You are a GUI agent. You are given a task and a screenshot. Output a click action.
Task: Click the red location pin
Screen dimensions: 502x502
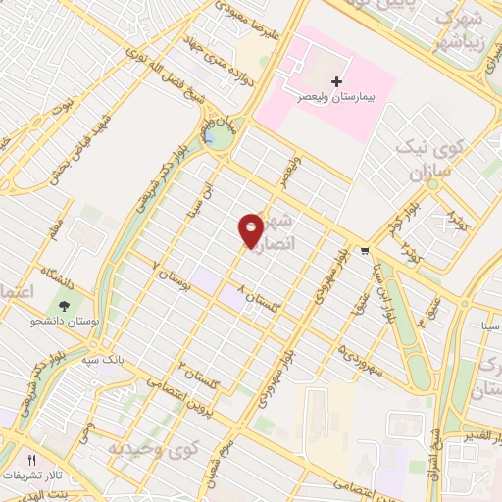(x=251, y=229)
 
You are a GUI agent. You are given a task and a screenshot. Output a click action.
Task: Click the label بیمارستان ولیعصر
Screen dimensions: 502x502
(x=337, y=99)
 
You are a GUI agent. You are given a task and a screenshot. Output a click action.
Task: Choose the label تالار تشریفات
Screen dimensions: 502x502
(x=31, y=476)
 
